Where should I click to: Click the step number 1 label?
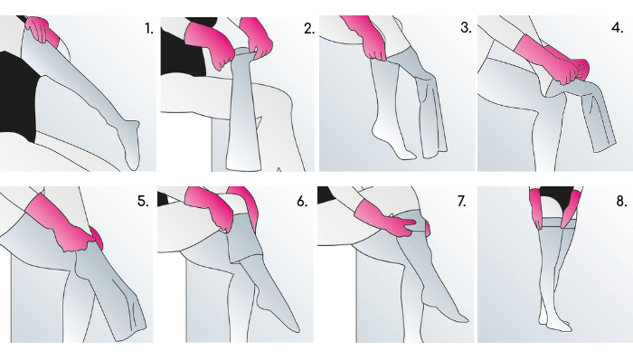(149, 29)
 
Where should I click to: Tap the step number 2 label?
(309, 29)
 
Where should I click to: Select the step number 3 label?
(466, 28)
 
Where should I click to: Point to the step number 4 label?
(618, 28)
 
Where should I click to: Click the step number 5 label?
(143, 201)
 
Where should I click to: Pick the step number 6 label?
(302, 201)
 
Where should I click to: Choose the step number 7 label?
(461, 201)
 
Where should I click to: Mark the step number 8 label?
(621, 201)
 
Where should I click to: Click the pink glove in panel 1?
(41, 30)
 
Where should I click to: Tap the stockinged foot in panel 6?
(279, 313)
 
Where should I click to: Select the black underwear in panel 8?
(557, 198)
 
